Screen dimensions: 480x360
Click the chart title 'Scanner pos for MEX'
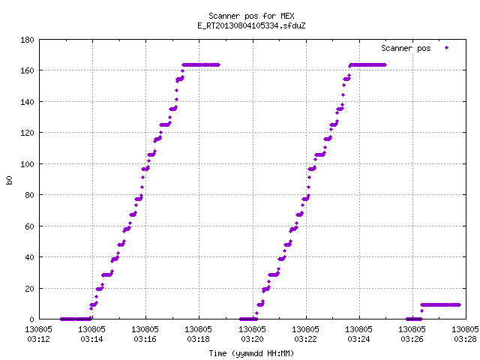click(251, 16)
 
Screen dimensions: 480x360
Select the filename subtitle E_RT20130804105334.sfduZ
click(251, 25)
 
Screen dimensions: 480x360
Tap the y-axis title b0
click(10, 180)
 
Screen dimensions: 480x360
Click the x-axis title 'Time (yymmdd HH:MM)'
click(251, 353)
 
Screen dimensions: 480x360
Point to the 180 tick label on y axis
click(27, 40)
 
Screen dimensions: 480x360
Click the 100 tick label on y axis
click(27, 164)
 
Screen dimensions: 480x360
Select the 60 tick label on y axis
click(29, 226)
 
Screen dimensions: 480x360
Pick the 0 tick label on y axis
click(31, 319)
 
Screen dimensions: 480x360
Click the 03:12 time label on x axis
click(38, 339)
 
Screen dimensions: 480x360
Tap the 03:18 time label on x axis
click(198, 339)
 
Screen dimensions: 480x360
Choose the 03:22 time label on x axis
click(305, 339)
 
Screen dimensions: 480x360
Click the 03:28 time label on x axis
click(465, 339)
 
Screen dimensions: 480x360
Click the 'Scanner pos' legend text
click(406, 48)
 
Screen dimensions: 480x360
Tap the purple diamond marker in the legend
click(447, 48)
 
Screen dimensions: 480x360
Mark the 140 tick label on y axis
click(27, 102)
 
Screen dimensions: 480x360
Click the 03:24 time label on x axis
click(358, 339)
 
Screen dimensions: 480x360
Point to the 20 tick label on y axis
click(29, 288)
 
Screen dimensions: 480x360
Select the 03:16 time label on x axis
click(145, 339)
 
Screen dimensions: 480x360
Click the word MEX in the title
click(287, 16)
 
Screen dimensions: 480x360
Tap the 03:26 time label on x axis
click(412, 339)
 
